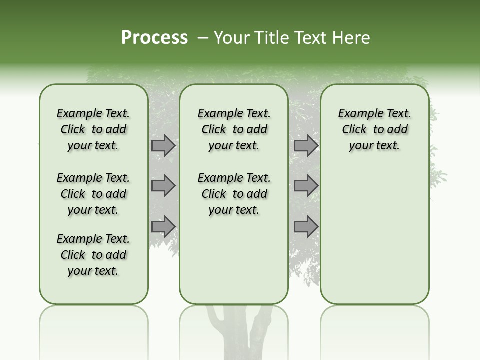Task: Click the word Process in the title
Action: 154,38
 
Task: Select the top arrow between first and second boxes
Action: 163,146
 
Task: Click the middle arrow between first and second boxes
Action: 163,186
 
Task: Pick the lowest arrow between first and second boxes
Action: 163,226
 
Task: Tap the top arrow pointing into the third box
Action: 306,146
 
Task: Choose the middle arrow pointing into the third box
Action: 306,186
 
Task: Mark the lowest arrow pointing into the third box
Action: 306,226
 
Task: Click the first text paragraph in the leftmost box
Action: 93,129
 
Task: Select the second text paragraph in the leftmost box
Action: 93,194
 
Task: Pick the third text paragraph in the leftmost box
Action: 93,255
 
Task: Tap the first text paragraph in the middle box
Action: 234,129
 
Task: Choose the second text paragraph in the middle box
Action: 234,194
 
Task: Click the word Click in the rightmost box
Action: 354,129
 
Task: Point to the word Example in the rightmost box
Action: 356,113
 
